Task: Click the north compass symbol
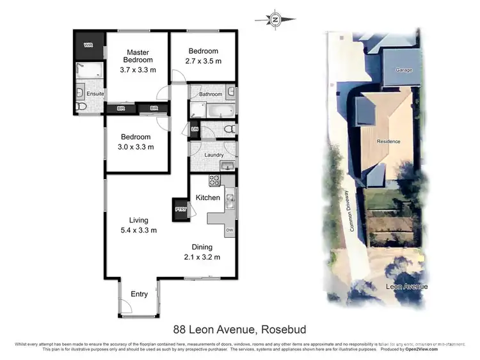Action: pyautogui.click(x=275, y=19)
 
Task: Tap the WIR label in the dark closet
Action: pyautogui.click(x=88, y=46)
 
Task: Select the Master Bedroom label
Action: pyautogui.click(x=138, y=56)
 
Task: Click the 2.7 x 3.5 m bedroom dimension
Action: pyautogui.click(x=203, y=61)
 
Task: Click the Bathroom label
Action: pyautogui.click(x=210, y=95)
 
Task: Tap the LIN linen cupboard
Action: pyautogui.click(x=195, y=130)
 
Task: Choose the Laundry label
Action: pyautogui.click(x=212, y=155)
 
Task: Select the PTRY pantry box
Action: pyautogui.click(x=180, y=209)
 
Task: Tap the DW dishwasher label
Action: pyautogui.click(x=229, y=230)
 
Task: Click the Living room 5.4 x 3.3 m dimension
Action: pyautogui.click(x=138, y=230)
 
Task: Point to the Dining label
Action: pyautogui.click(x=202, y=247)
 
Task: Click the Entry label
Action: pyautogui.click(x=139, y=294)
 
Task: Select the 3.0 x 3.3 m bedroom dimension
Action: pyautogui.click(x=136, y=147)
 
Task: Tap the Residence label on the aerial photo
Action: pyautogui.click(x=388, y=141)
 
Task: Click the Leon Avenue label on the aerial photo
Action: pyautogui.click(x=406, y=287)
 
